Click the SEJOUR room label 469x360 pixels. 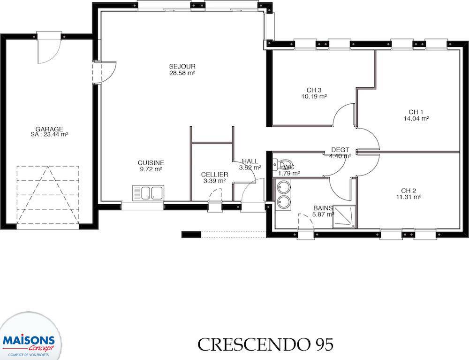point(182,67)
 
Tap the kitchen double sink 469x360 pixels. point(148,193)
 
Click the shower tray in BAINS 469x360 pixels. point(345,216)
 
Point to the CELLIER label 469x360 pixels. point(214,175)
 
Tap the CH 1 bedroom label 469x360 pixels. point(416,112)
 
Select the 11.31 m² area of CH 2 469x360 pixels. point(408,197)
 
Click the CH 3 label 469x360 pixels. point(314,90)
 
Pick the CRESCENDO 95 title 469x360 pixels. point(265,345)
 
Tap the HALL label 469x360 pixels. point(250,161)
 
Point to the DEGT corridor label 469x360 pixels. point(340,150)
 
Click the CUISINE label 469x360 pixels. point(151,163)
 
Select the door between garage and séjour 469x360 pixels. point(104,72)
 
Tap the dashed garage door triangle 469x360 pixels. point(48,195)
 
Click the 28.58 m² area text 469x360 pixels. point(182,73)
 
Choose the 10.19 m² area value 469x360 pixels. point(314,97)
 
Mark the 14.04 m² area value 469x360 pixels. point(416,118)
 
